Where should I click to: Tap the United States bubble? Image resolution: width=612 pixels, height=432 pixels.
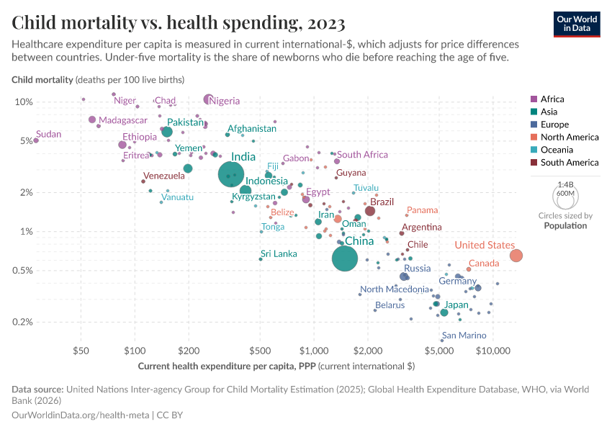pos(516,256)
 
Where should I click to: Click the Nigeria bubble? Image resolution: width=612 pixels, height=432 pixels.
pos(208,99)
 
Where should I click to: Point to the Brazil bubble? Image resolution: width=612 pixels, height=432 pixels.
pos(370,211)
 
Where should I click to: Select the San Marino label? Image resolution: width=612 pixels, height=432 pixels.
pos(464,336)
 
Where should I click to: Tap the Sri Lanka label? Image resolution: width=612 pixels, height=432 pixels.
pos(279,253)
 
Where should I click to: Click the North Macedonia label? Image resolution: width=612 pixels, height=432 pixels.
pos(395,289)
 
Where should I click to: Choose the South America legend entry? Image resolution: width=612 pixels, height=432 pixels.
pos(569,163)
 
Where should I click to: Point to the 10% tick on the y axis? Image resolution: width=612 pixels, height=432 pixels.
pos(24,102)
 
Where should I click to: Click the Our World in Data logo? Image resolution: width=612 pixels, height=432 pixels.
pos(577,22)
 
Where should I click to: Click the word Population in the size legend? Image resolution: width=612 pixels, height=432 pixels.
pos(565,225)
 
